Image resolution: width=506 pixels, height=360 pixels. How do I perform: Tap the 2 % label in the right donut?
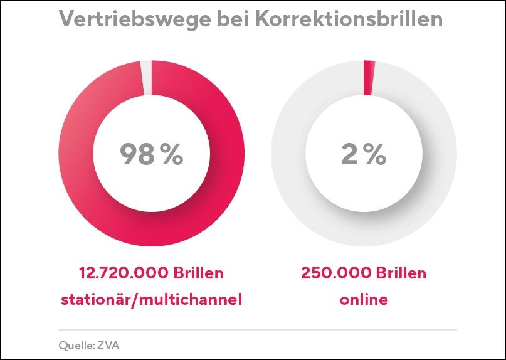(364, 154)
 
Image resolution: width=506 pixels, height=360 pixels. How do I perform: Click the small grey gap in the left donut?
(146, 78)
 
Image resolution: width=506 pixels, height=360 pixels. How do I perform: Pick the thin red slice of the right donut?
(369, 78)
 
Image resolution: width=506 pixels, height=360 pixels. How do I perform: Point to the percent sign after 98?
(171, 155)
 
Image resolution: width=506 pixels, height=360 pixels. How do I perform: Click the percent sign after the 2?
(376, 155)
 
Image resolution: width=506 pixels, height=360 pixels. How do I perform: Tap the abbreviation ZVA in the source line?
(104, 345)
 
